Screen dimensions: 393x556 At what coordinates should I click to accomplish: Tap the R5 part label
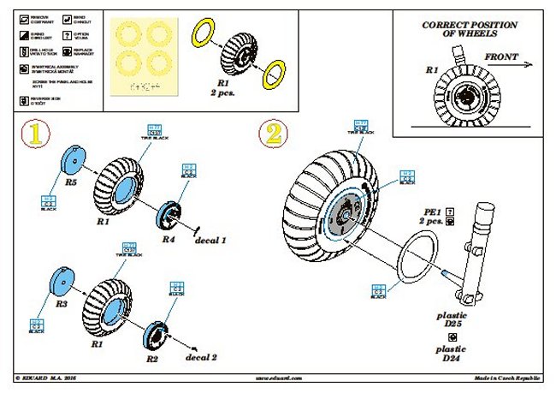[71, 182]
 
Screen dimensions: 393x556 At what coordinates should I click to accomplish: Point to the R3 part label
[62, 304]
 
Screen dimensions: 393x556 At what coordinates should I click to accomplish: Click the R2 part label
[152, 359]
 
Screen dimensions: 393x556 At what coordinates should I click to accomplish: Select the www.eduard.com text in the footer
[280, 377]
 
